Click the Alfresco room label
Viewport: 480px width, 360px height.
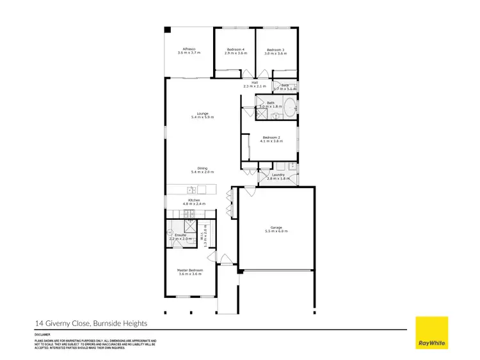coord(188,49)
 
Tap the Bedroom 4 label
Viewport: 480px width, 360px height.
coord(236,49)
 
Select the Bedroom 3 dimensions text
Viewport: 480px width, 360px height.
coord(275,54)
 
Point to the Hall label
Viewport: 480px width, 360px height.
coord(254,82)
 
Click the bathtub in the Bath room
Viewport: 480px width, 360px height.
coord(290,107)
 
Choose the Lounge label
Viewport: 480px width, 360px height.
coord(202,114)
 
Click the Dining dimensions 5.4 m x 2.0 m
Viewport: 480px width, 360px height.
coord(202,172)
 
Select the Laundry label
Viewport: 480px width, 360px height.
coord(278,174)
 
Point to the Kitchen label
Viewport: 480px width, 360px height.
coord(194,200)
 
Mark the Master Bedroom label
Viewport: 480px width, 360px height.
coord(190,270)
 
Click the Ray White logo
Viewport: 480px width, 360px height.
coord(432,333)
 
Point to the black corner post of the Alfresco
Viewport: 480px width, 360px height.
coord(167,29)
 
